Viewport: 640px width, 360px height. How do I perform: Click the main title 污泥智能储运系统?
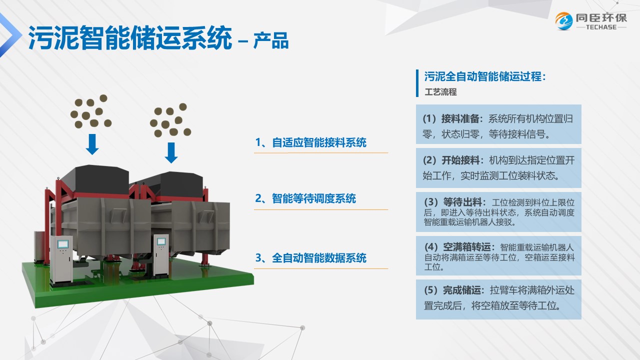[x=130, y=38]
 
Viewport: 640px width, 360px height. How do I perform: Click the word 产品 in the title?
[x=271, y=40]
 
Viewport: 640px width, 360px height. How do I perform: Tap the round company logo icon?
[x=563, y=21]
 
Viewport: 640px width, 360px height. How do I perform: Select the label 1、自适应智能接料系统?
[x=310, y=142]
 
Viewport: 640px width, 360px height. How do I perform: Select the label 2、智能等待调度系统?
[x=305, y=198]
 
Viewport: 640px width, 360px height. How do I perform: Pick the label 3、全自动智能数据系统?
[x=310, y=257]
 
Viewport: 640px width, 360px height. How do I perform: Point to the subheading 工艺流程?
[x=440, y=92]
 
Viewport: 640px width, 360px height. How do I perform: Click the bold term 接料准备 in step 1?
[x=460, y=119]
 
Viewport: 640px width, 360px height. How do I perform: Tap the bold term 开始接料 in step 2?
[x=460, y=160]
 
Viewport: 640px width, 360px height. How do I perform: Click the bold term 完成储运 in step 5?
[x=461, y=290]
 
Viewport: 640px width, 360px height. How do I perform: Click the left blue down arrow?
[x=92, y=144]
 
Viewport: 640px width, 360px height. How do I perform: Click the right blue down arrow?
[x=171, y=153]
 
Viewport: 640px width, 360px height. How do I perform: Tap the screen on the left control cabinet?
[x=63, y=244]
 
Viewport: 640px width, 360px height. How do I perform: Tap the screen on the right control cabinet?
[x=161, y=241]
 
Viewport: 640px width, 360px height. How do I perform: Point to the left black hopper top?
[x=95, y=179]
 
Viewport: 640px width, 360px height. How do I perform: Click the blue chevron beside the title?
[x=10, y=35]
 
